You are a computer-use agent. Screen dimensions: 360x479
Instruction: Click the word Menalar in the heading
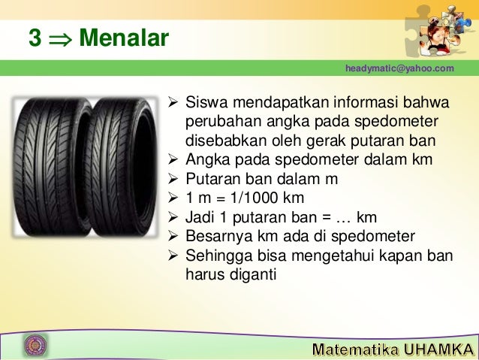pyautogui.click(x=124, y=38)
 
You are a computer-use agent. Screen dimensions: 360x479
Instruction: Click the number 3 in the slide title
pyautogui.click(x=35, y=38)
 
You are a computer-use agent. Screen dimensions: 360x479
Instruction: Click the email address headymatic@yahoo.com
pyautogui.click(x=399, y=68)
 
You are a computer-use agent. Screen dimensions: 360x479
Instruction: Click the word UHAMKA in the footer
pyautogui.click(x=437, y=349)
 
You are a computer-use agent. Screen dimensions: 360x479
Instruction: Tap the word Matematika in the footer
pyautogui.click(x=354, y=349)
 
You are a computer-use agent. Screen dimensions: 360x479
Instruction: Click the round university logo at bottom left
pyautogui.click(x=35, y=345)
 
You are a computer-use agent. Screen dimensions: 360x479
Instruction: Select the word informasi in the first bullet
pyautogui.click(x=345, y=101)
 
